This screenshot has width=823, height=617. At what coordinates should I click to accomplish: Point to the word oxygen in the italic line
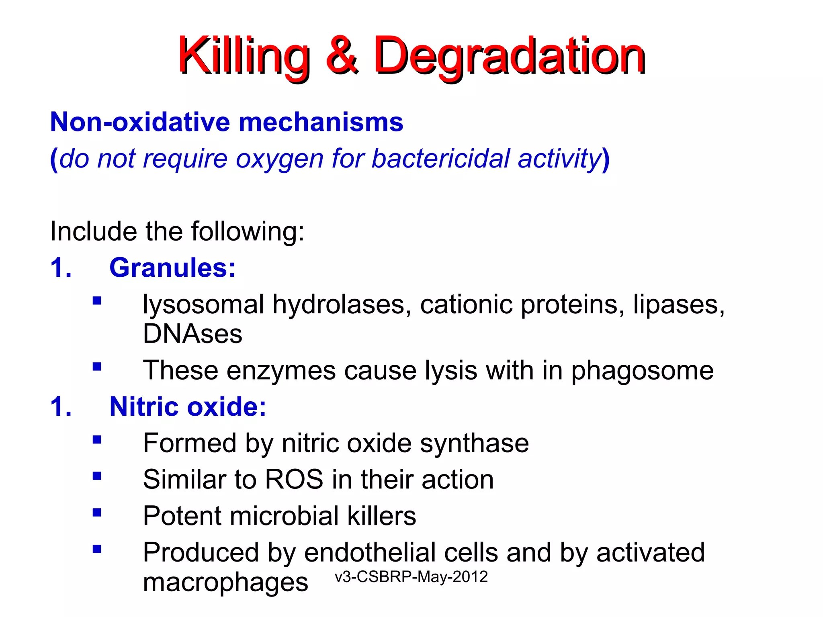279,159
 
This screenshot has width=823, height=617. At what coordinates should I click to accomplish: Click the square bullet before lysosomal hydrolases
97,301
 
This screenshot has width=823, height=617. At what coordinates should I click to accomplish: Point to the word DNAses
192,334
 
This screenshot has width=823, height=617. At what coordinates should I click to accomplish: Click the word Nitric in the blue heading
144,407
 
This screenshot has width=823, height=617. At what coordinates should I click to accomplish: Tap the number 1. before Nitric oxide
61,407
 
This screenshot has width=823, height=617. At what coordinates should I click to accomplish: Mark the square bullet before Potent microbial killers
97,513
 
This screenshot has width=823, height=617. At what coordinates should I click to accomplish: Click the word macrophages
225,582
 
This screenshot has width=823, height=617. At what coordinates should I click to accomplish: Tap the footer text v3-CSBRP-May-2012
411,577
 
